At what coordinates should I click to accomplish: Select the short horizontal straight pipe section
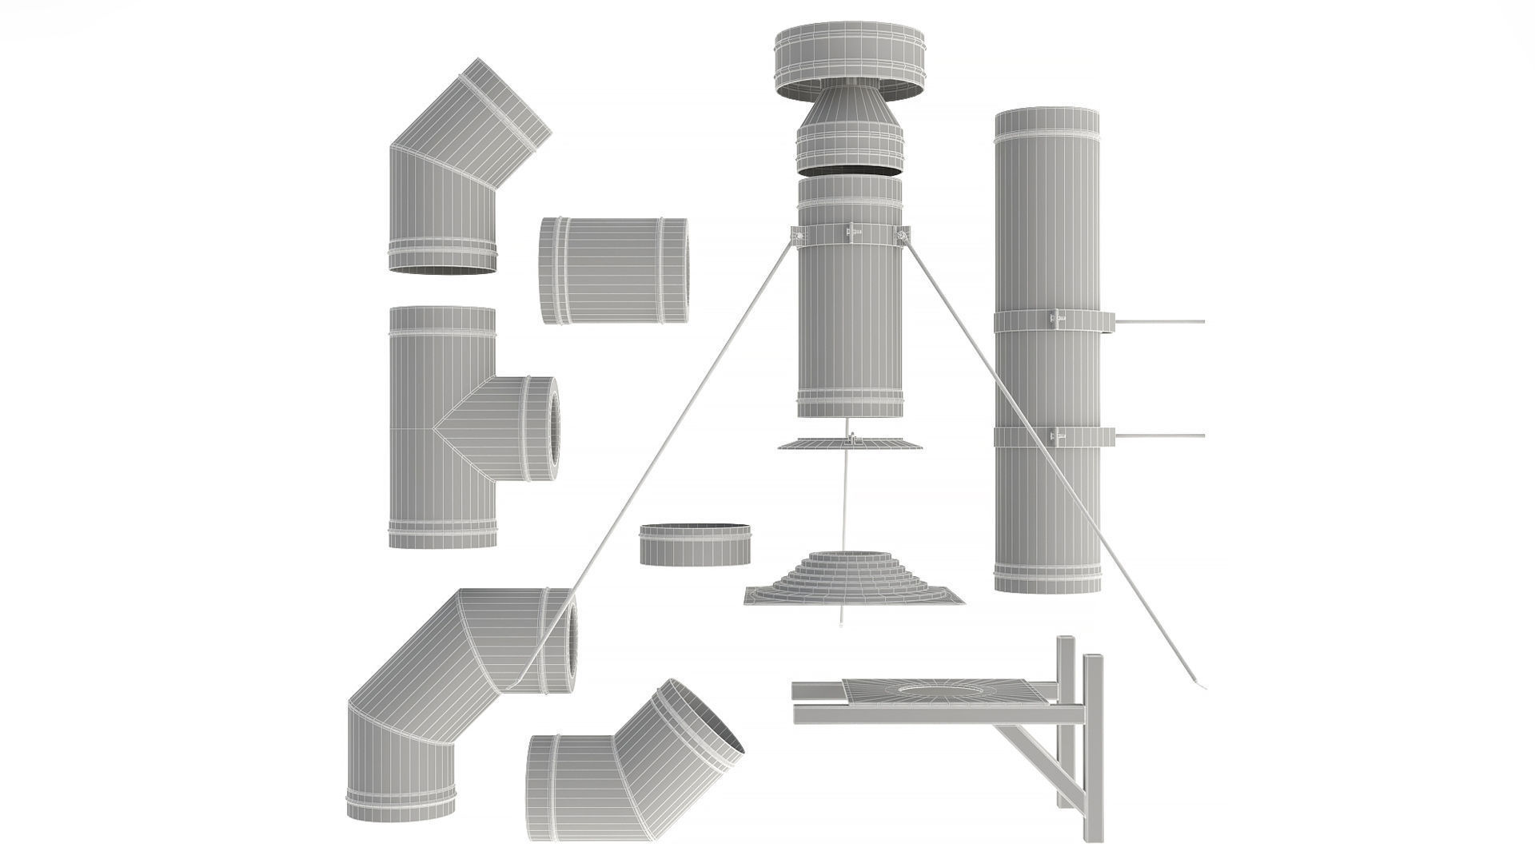click(x=613, y=270)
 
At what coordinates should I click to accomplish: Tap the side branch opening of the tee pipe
click(x=550, y=429)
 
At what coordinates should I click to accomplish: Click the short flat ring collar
click(x=696, y=545)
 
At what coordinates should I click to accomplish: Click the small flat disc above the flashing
click(x=850, y=443)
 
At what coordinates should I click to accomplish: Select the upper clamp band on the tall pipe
click(x=1047, y=321)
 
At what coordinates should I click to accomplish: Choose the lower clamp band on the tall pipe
click(x=1047, y=436)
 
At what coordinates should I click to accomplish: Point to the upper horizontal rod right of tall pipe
click(x=1159, y=321)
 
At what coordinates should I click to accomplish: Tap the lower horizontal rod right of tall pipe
click(x=1159, y=436)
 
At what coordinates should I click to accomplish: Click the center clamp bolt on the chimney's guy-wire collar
click(x=851, y=232)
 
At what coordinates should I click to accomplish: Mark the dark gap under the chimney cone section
click(x=850, y=170)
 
